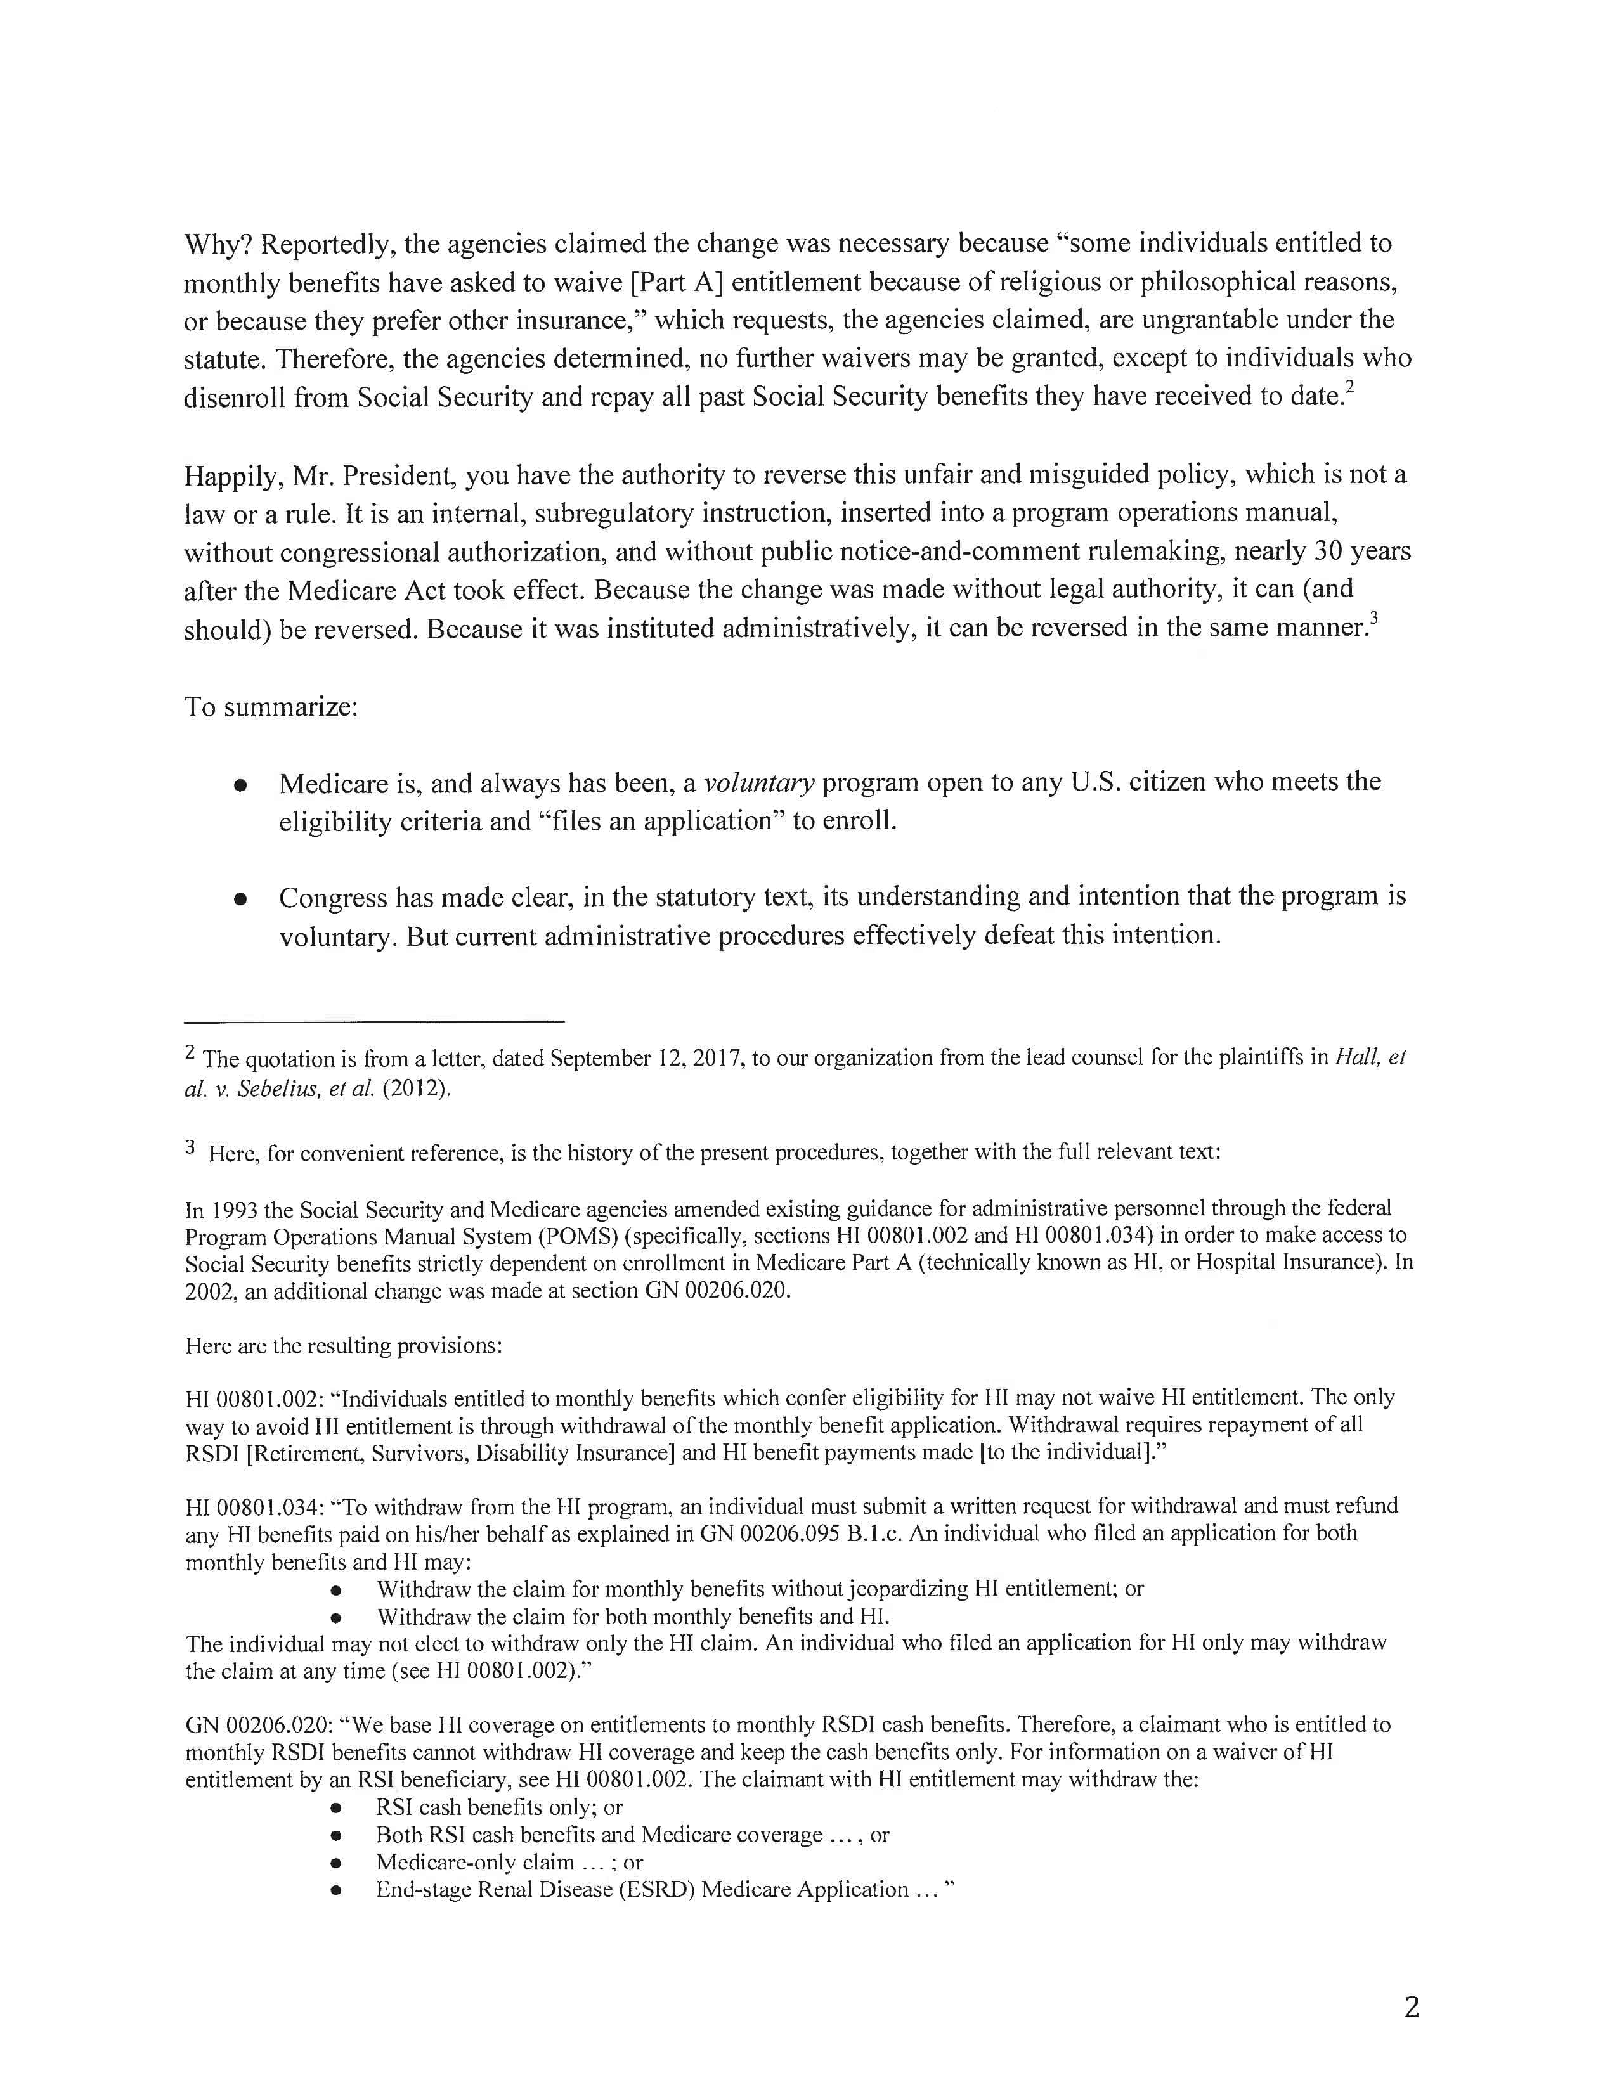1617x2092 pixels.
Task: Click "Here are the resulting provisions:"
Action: click(x=344, y=1346)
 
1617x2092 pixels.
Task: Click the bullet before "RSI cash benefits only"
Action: click(x=335, y=1807)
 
